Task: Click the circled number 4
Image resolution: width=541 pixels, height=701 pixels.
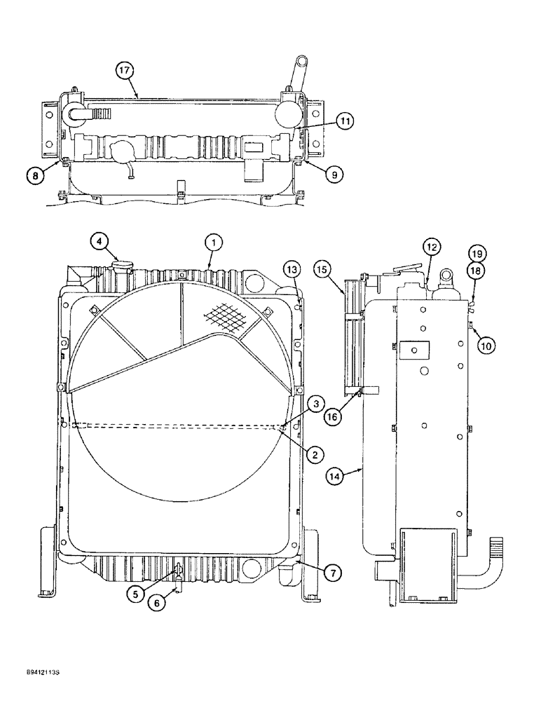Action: (x=100, y=242)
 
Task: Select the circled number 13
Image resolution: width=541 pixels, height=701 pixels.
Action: (x=292, y=270)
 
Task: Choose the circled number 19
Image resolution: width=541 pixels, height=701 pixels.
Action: (x=477, y=254)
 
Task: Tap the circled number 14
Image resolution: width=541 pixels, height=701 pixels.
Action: (x=336, y=477)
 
